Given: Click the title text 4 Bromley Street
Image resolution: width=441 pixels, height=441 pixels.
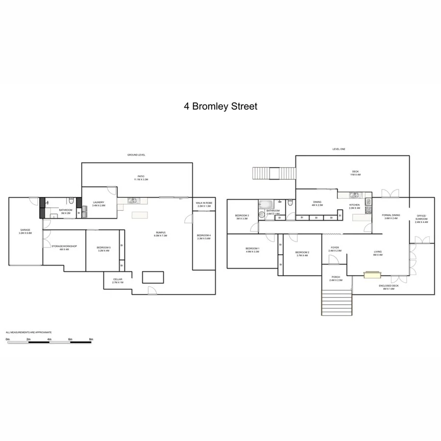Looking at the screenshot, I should (220, 106).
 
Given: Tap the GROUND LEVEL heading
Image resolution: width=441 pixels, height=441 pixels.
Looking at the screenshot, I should (136, 155).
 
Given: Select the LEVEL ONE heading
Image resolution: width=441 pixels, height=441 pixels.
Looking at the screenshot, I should (339, 149).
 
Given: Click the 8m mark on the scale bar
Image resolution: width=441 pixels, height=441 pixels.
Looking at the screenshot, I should (91, 339).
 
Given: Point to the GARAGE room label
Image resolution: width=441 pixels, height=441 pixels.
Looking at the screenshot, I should (25, 230).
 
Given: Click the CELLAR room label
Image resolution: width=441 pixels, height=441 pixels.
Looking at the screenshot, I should (118, 279).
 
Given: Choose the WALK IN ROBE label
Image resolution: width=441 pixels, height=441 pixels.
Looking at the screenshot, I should (203, 203).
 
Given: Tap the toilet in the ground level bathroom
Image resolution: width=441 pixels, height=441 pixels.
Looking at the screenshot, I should (72, 201).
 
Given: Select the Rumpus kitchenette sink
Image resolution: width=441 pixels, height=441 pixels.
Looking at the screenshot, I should (133, 200).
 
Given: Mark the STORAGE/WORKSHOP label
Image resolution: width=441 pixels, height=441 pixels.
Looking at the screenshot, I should (64, 246).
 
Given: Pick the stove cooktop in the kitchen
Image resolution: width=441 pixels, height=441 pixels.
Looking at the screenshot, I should (368, 210).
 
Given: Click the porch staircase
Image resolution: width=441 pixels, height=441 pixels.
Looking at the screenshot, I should (337, 303).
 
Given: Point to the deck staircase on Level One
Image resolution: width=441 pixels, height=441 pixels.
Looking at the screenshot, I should (274, 174).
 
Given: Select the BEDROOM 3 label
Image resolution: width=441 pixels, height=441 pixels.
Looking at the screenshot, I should (242, 216).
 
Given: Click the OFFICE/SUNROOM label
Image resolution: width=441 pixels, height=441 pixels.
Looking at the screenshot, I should (421, 217).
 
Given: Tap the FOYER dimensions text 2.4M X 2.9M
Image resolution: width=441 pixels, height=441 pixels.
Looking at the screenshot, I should (335, 251).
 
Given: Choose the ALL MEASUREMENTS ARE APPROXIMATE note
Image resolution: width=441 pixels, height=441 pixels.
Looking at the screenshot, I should (28, 332).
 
